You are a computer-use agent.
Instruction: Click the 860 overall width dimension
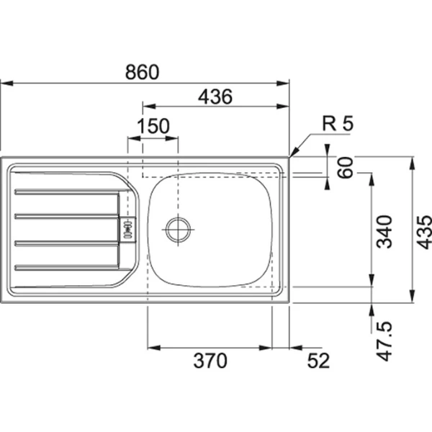coord(140,72)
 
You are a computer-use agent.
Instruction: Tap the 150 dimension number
coord(153,126)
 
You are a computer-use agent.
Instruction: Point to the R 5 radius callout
coord(338,124)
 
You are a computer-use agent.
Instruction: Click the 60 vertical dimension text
coord(344,170)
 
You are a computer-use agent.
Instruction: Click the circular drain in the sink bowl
coord(178,230)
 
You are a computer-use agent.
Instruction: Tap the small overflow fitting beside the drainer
coord(129,228)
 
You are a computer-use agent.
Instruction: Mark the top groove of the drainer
coord(66,192)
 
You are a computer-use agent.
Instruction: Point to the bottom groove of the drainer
coord(66,268)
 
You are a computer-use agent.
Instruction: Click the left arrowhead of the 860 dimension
coord(4,84)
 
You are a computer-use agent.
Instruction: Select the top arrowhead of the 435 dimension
coord(413,160)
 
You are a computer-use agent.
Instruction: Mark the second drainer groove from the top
coord(66,215)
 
